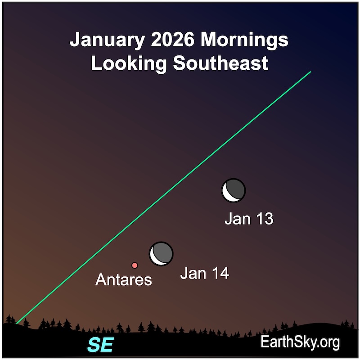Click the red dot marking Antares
(x=135, y=265)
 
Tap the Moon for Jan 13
(x=234, y=191)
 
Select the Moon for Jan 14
(x=161, y=254)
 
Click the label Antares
(x=124, y=280)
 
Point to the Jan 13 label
(x=249, y=219)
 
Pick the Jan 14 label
(x=204, y=273)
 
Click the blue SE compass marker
(x=100, y=345)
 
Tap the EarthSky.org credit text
(x=300, y=342)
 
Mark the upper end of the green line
(x=310, y=72)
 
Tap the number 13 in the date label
(x=265, y=219)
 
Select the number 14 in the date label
(x=220, y=273)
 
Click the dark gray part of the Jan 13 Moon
(x=237, y=189)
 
